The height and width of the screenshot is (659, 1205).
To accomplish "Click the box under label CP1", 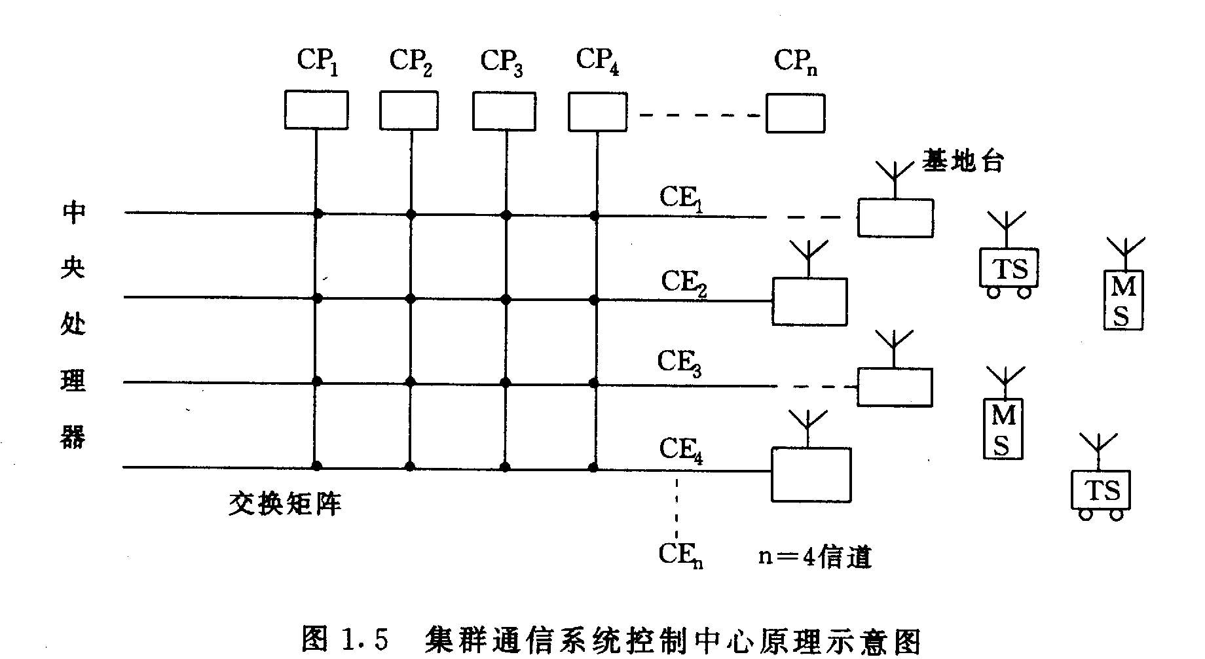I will coord(316,110).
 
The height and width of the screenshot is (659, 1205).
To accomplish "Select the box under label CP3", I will coord(504,111).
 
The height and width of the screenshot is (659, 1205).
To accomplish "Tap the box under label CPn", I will coord(795,113).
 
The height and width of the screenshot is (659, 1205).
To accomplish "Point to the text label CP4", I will coord(597,62).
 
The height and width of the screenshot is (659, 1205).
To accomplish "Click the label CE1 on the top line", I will coord(681,198).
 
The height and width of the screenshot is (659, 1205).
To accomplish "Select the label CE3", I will coord(680,363).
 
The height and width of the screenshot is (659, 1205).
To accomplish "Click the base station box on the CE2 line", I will coord(809,302).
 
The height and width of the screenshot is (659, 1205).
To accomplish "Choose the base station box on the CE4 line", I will coord(811,474).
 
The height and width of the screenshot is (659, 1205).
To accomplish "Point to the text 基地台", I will coord(963,161).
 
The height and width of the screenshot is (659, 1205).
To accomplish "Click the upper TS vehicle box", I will coord(1009,268).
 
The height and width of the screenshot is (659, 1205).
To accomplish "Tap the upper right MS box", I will coord(1123,300).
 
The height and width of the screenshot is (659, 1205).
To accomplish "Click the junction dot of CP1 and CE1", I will coord(318,213).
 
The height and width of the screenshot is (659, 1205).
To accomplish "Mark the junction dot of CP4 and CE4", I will coord(593,467).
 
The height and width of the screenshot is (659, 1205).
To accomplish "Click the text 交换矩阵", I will coord(285,504).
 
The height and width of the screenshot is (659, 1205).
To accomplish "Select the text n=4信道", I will coord(815,557).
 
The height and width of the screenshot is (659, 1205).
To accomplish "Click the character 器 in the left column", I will coord(73,436).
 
